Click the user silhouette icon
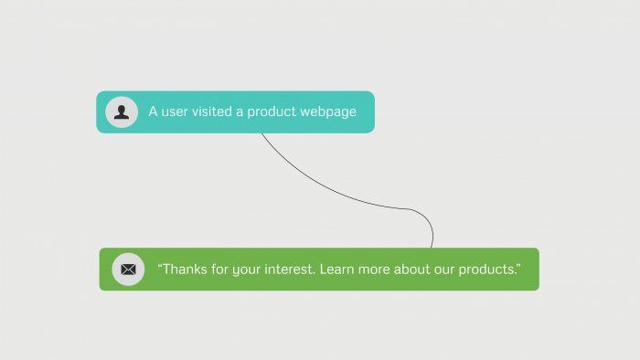pos(122,111)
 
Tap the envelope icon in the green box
pos(128,270)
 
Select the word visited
pos(213,111)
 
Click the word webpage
pos(327,111)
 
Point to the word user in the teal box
pos(175,111)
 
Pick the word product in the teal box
pos(272,111)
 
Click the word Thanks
pos(186,270)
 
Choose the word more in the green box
pos(378,270)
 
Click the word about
pos(418,270)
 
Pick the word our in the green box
pos(451,270)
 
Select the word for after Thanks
pos(222,270)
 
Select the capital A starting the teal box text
pos(153,111)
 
